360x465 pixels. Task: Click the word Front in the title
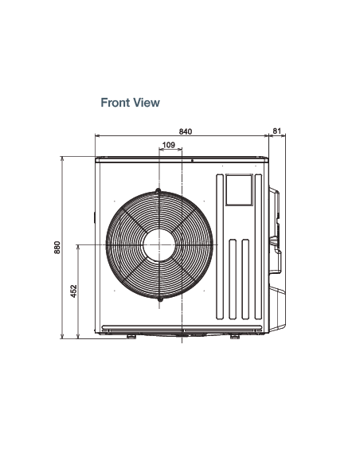[115, 103]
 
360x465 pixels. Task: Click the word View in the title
[147, 103]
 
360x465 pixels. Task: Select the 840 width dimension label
[186, 131]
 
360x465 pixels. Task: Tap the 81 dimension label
[276, 131]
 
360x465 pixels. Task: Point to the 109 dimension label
[169, 145]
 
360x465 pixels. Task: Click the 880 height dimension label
[57, 248]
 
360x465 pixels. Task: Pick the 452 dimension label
[73, 291]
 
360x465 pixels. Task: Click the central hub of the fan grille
[159, 245]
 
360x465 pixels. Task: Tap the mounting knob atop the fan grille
[158, 190]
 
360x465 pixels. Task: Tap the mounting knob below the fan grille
[160, 299]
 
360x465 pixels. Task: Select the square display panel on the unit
[239, 190]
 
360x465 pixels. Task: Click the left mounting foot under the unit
[131, 337]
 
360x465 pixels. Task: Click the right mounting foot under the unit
[235, 337]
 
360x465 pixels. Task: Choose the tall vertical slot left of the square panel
[220, 247]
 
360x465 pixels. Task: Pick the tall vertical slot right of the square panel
[258, 247]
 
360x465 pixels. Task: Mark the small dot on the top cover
[192, 161]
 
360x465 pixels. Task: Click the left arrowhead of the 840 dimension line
[96, 136]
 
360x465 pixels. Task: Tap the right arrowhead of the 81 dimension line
[284, 135]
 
